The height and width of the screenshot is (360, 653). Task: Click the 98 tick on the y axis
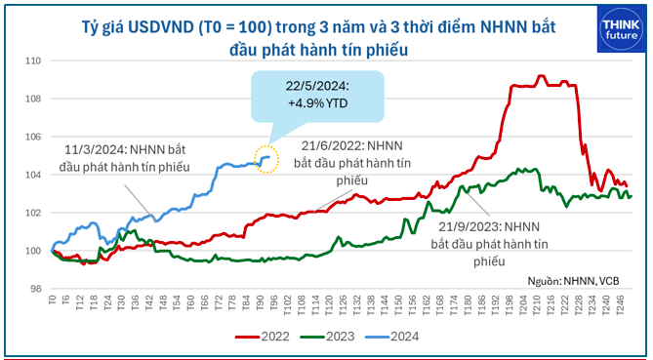click(32, 289)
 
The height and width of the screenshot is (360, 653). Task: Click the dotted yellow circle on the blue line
click(266, 157)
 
